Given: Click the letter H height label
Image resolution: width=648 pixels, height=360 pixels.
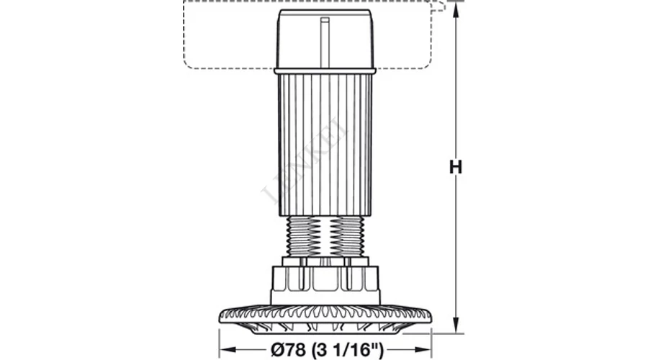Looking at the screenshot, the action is [x=456, y=167].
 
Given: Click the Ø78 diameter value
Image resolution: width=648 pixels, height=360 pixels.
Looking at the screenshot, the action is [x=288, y=350].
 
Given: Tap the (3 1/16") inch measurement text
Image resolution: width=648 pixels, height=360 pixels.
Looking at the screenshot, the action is [x=348, y=350].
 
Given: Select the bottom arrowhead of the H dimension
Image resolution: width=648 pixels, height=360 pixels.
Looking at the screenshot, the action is [x=456, y=325].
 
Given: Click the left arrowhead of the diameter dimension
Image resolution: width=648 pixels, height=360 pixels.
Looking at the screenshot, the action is [x=228, y=350].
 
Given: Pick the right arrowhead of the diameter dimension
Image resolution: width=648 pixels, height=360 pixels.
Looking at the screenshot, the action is [x=423, y=350].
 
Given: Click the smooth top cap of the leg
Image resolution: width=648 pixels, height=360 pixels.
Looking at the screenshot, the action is [x=325, y=39].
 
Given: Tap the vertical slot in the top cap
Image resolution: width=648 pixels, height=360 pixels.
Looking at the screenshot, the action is [x=325, y=41].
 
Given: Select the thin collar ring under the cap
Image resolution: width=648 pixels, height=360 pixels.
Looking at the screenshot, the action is [x=325, y=71].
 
